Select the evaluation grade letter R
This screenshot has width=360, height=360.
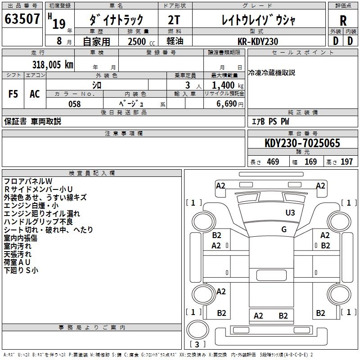click(343, 20)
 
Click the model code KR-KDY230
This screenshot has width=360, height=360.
click(258, 41)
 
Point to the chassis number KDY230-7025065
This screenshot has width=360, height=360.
click(302, 144)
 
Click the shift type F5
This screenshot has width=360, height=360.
click(13, 94)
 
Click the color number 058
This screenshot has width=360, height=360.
click(74, 104)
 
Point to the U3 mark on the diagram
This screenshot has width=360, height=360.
click(290, 213)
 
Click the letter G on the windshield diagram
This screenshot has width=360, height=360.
click(284, 229)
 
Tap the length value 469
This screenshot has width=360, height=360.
click(273, 162)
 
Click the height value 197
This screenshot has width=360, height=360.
click(346, 162)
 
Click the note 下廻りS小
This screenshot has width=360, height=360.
click(21, 270)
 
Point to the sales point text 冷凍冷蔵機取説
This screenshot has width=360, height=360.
click(272, 72)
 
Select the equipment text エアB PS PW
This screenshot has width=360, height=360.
click(270, 121)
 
